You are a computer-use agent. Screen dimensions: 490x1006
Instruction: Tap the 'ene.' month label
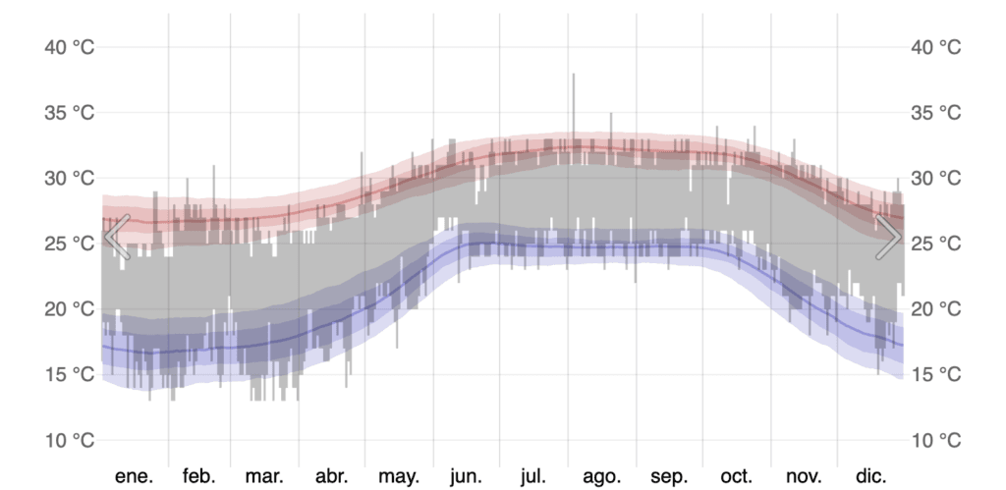coord(135,476)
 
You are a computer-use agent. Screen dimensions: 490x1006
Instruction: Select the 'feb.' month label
coord(198,476)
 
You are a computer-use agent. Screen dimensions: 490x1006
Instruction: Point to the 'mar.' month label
coord(264,476)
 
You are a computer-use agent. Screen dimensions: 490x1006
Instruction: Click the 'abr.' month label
coord(332,476)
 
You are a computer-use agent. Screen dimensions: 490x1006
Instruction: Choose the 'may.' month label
coord(399,476)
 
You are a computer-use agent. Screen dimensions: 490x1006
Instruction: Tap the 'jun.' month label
coord(466,476)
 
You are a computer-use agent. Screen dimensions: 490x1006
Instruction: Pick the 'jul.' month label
coord(532,476)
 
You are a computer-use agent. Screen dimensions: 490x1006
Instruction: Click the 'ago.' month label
coord(601,476)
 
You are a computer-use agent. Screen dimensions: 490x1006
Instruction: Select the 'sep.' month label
coord(669,476)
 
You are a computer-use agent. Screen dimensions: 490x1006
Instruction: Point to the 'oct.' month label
coord(736,476)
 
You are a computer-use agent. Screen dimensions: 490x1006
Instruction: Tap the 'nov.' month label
coord(804,476)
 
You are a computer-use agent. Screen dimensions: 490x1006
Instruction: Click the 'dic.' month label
coord(870,476)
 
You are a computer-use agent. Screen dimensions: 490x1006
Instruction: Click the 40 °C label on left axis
coord(70,47)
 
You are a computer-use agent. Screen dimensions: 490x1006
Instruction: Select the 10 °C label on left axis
coord(70,440)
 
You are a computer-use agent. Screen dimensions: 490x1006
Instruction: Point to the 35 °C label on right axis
coord(935,113)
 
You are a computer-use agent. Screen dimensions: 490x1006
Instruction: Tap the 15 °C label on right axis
coord(935,374)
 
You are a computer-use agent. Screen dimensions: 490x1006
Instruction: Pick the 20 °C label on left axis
coord(70,309)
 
